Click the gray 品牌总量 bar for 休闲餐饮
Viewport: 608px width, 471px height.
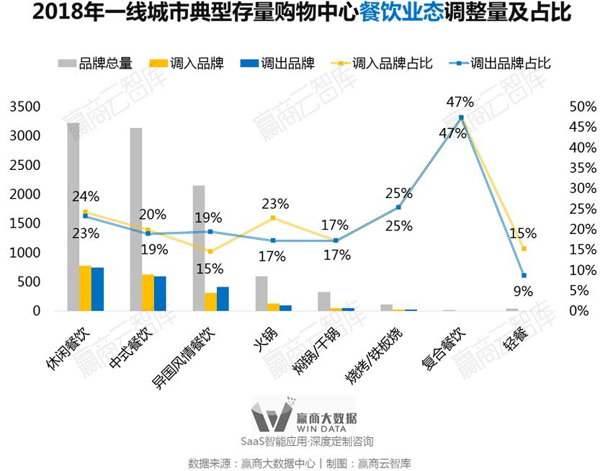click(x=73, y=217)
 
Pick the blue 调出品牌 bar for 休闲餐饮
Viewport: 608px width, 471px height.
click(x=97, y=289)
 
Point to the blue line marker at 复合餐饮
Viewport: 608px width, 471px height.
click(x=461, y=117)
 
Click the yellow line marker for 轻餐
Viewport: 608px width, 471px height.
click(x=524, y=248)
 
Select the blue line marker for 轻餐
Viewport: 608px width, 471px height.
click(x=524, y=275)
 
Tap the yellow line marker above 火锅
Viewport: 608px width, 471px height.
click(x=273, y=217)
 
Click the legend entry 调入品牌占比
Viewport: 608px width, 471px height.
click(x=392, y=63)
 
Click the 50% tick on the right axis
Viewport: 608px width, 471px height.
click(x=583, y=107)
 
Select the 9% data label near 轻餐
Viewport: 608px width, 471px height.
click(x=523, y=292)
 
